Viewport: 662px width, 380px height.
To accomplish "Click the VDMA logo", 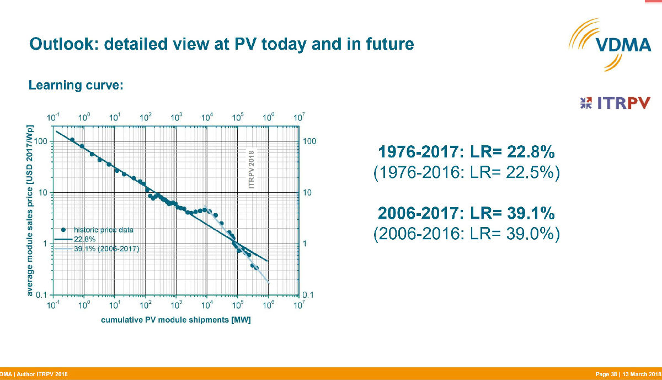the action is [610, 45].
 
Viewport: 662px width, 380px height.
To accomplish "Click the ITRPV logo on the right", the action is [615, 103].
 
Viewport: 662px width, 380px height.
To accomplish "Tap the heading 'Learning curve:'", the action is [76, 85].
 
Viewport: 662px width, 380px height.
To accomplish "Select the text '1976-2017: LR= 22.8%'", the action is [466, 152].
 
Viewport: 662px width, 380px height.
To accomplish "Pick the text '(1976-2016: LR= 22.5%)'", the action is [466, 172].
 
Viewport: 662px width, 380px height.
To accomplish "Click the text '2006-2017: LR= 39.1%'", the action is [466, 213].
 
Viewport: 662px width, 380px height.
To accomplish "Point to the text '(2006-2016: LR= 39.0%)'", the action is [466, 234].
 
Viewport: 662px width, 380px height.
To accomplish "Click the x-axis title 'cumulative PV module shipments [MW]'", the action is [176, 320].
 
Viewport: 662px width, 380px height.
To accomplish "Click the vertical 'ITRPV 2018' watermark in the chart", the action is [252, 170].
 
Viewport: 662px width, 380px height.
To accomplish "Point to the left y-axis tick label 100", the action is [41, 141].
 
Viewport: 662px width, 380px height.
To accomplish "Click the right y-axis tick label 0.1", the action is [308, 295].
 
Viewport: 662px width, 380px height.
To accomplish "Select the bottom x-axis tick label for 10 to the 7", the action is [299, 304].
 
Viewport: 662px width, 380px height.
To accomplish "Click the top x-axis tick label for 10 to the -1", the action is [53, 118].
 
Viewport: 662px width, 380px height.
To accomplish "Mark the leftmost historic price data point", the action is [72, 140].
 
